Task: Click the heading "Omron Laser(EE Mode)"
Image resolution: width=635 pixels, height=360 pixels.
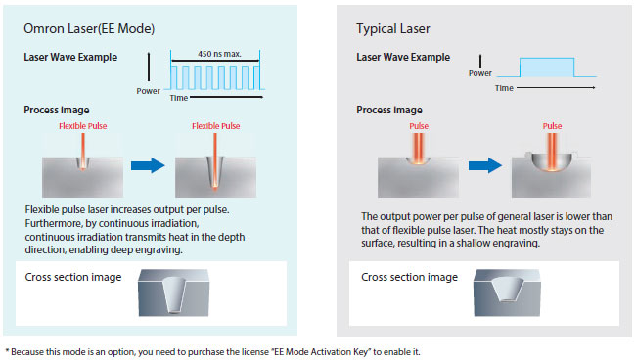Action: click(89, 28)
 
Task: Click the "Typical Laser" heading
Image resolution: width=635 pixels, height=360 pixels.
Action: click(392, 28)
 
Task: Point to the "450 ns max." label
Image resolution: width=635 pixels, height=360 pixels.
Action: click(219, 54)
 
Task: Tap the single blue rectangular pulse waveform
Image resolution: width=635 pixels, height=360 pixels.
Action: click(547, 67)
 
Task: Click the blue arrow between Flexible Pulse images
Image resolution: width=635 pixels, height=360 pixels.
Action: click(148, 165)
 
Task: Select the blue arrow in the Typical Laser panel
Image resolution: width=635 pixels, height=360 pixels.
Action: click(485, 165)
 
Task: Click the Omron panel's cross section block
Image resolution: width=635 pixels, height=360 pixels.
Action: click(174, 292)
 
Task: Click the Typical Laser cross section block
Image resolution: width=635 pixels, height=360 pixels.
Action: click(507, 292)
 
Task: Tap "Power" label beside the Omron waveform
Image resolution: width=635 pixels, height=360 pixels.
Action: click(148, 91)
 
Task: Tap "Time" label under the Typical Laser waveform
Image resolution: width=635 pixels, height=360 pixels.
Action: click(504, 88)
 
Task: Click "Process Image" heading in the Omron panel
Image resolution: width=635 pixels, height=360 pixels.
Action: click(57, 110)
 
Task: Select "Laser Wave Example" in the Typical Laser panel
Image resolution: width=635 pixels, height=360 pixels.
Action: click(403, 57)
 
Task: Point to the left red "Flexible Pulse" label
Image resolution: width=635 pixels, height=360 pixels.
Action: click(83, 126)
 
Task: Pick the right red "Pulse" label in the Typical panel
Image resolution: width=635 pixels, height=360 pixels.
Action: click(553, 126)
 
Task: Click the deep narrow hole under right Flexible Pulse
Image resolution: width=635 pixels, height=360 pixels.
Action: click(214, 173)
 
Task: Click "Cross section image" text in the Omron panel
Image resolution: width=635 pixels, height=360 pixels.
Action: click(73, 277)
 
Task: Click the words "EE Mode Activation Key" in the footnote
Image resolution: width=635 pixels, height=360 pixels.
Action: click(321, 352)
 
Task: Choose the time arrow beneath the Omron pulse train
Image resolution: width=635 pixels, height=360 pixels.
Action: click(227, 97)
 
